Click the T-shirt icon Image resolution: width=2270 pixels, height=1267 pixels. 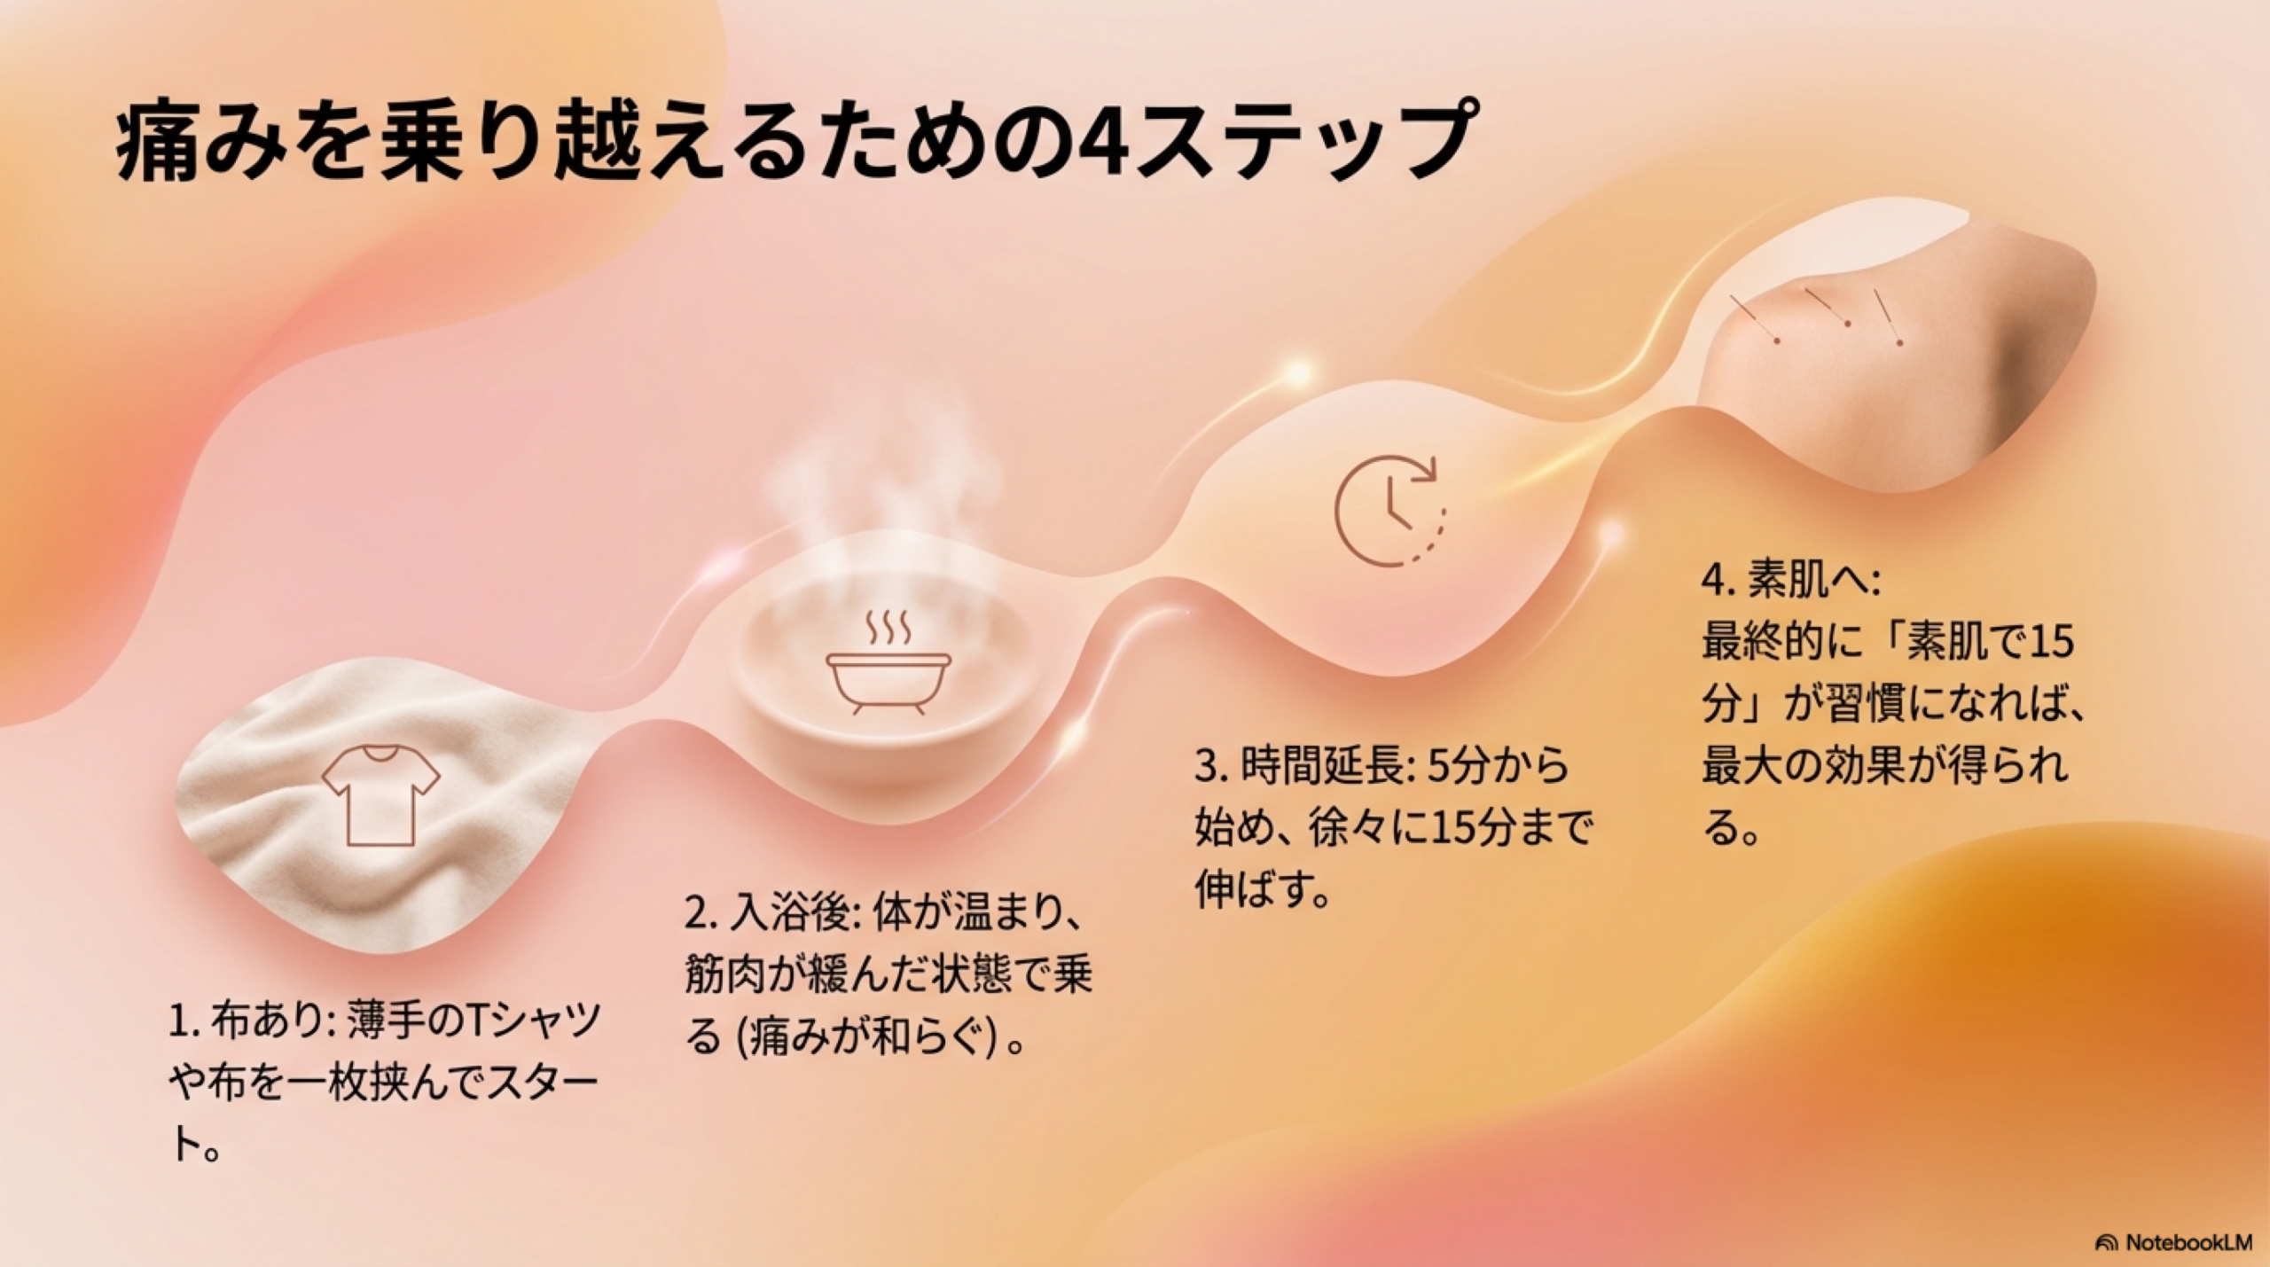(380, 794)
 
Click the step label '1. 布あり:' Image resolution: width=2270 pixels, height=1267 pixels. (249, 1021)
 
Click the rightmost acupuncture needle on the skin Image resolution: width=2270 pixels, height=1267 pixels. (1888, 316)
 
